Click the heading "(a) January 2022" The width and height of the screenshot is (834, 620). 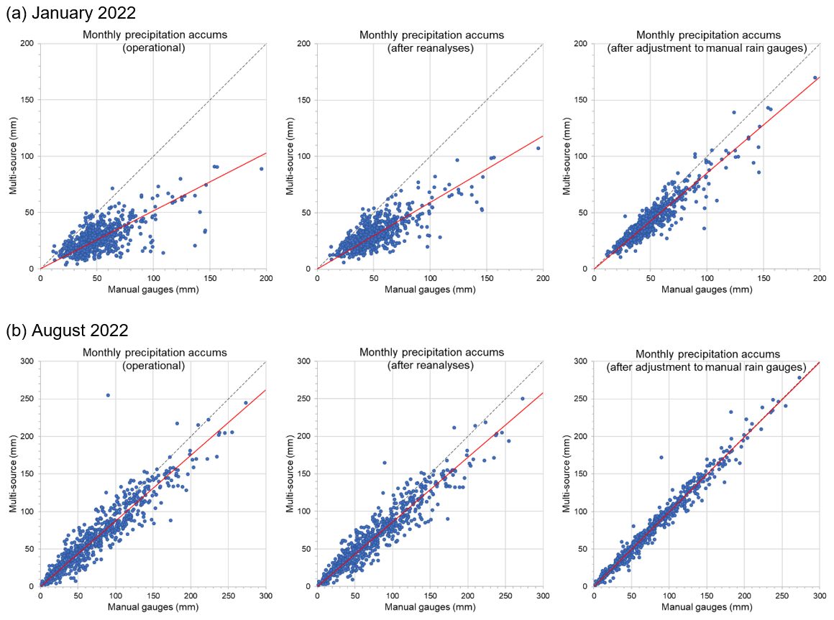(x=70, y=12)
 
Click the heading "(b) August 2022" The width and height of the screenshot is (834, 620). (x=67, y=330)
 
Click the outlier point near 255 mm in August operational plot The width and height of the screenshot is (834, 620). (x=108, y=394)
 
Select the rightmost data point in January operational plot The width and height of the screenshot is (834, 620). (x=262, y=169)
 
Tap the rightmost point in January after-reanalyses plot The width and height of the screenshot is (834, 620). (x=538, y=149)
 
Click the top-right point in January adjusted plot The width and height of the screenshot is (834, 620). (x=815, y=78)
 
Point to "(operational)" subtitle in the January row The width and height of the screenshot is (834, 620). (x=155, y=47)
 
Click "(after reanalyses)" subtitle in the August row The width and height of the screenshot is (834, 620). (x=431, y=365)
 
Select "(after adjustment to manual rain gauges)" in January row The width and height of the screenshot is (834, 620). (x=707, y=47)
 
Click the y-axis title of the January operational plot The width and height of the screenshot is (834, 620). (x=12, y=156)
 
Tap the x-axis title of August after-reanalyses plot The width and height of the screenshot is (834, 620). (x=430, y=608)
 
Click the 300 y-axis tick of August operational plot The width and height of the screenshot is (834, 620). (x=28, y=361)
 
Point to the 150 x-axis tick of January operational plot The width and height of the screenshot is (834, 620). (x=209, y=278)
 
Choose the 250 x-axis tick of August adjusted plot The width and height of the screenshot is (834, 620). (x=782, y=596)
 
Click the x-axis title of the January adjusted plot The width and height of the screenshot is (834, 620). (x=707, y=290)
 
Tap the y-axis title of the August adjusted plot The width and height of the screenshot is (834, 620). (x=566, y=474)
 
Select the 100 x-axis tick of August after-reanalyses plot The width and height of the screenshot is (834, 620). (x=393, y=596)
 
